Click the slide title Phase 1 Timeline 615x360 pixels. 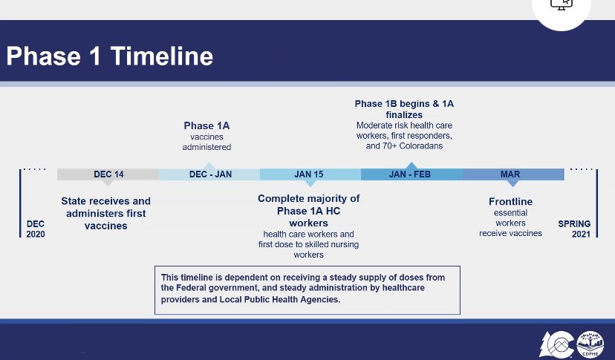coord(109,57)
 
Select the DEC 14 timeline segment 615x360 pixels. coord(108,174)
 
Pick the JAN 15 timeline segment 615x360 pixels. coord(308,174)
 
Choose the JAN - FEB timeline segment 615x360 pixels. coord(409,174)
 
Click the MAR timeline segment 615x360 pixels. coord(510,174)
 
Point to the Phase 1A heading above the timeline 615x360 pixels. coord(207,125)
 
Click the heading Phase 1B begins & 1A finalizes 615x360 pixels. coord(404,109)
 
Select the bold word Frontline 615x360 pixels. coord(510,202)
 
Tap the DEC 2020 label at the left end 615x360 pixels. coord(36,229)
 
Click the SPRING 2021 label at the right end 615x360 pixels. coord(574,229)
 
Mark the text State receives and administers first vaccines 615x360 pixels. coord(105,213)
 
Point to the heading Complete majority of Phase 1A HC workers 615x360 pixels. coord(308,211)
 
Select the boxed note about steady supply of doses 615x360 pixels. coord(307,289)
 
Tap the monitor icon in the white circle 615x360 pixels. coord(561,4)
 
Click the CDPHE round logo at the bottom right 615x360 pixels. coord(590,344)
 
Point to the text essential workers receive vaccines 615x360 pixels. coord(510,223)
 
